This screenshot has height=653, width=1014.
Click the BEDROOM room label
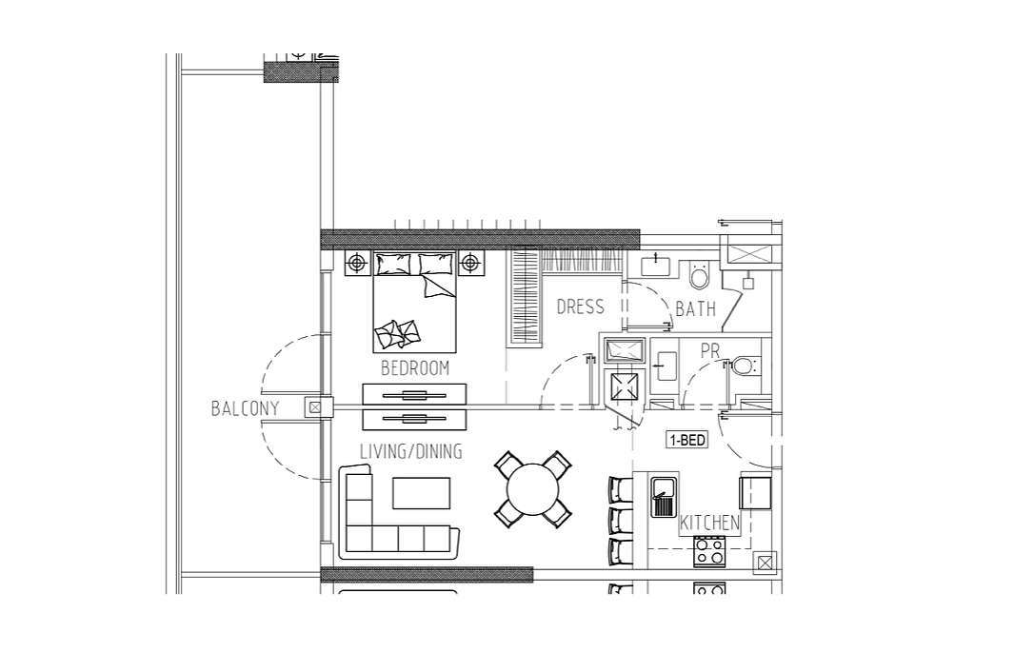414,368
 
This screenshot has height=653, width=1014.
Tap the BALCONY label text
245,408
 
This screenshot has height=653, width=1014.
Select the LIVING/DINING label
411,451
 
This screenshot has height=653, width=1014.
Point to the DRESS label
580,307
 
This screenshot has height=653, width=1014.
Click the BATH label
696,309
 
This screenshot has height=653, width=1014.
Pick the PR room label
710,351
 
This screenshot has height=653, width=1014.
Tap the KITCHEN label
709,523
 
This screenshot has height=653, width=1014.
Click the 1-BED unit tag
686,441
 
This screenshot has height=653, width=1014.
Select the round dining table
532,489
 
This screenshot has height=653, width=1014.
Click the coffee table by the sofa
421,493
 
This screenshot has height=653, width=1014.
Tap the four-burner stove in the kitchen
709,551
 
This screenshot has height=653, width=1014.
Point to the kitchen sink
664,497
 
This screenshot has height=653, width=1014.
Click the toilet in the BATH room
699,274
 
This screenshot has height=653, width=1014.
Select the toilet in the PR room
743,366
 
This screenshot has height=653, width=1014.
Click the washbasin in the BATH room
656,265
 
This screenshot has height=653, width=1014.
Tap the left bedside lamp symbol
356,263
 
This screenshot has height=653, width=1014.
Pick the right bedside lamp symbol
470,263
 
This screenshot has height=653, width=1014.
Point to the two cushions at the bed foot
397,334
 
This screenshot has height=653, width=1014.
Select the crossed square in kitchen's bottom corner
765,564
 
